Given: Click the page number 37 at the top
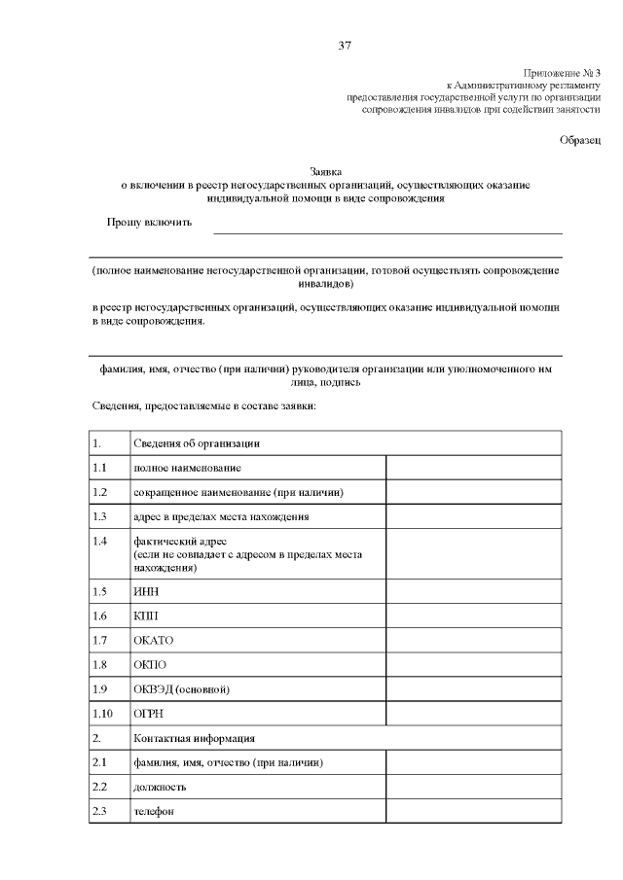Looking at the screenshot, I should click(344, 45).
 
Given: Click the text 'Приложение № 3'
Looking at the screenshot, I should click(563, 73).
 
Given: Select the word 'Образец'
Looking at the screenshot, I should click(580, 140).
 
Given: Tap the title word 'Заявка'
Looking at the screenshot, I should click(326, 170).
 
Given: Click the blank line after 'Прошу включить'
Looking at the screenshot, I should click(387, 229).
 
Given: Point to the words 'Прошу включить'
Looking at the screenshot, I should click(149, 223).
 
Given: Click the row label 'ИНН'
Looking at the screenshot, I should click(144, 590).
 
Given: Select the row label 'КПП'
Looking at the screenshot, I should click(144, 616).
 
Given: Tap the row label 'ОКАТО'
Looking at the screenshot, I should click(152, 641).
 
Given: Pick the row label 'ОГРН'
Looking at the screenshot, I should click(147, 715).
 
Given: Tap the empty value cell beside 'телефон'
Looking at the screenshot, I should click(474, 812).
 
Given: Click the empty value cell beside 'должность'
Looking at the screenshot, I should click(474, 787).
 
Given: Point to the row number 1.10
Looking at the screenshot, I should click(101, 715).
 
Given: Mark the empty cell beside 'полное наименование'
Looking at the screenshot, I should click(474, 468).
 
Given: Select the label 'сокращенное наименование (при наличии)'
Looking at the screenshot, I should click(238, 492).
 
